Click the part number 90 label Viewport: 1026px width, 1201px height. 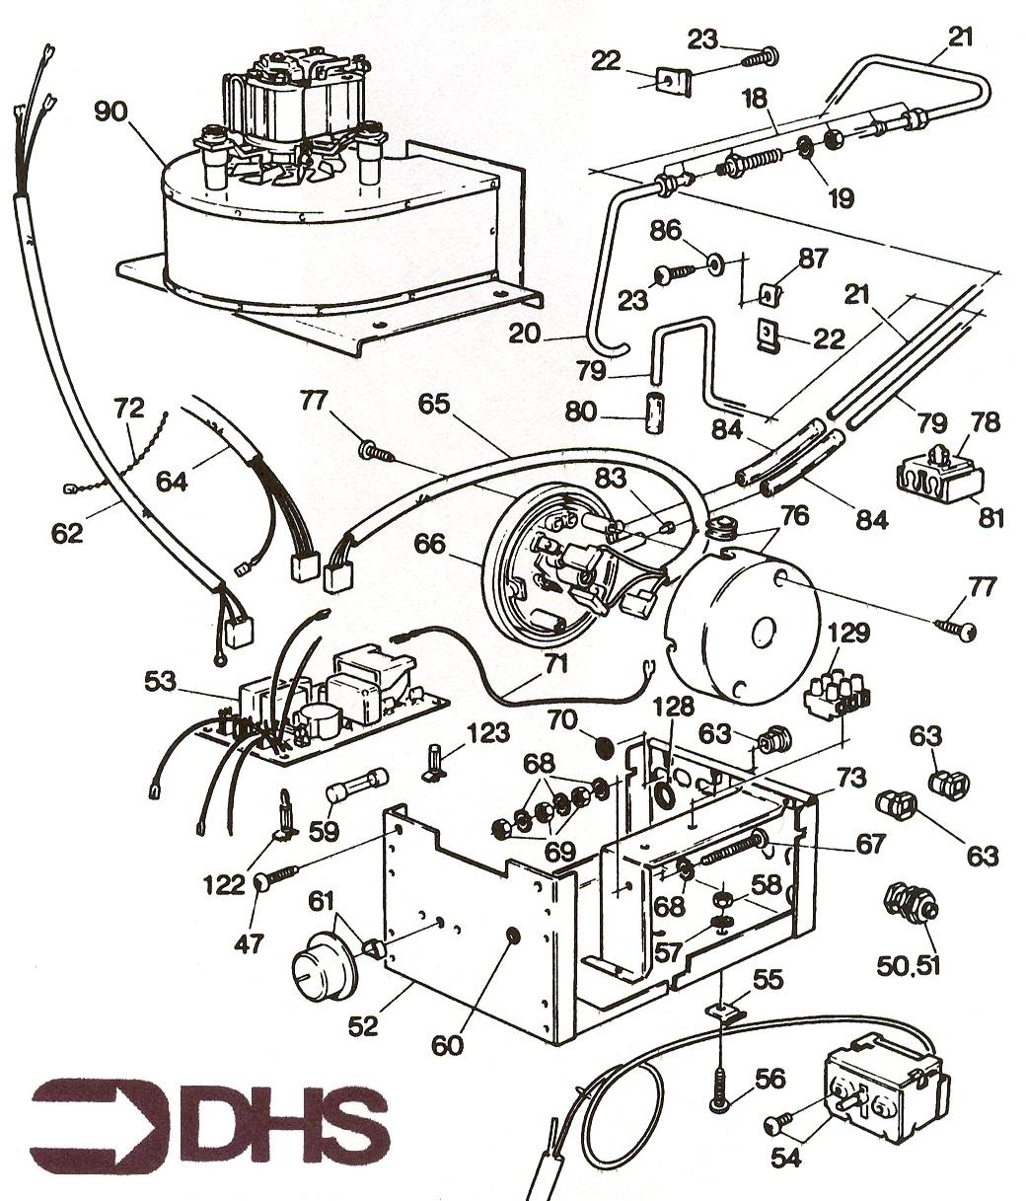pyautogui.click(x=111, y=112)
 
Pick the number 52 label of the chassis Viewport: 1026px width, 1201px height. pyautogui.click(x=363, y=1025)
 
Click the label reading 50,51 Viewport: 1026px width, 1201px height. pyautogui.click(x=908, y=963)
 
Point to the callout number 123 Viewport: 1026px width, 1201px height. pyautogui.click(x=488, y=733)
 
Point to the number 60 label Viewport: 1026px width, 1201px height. pyautogui.click(x=447, y=1044)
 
